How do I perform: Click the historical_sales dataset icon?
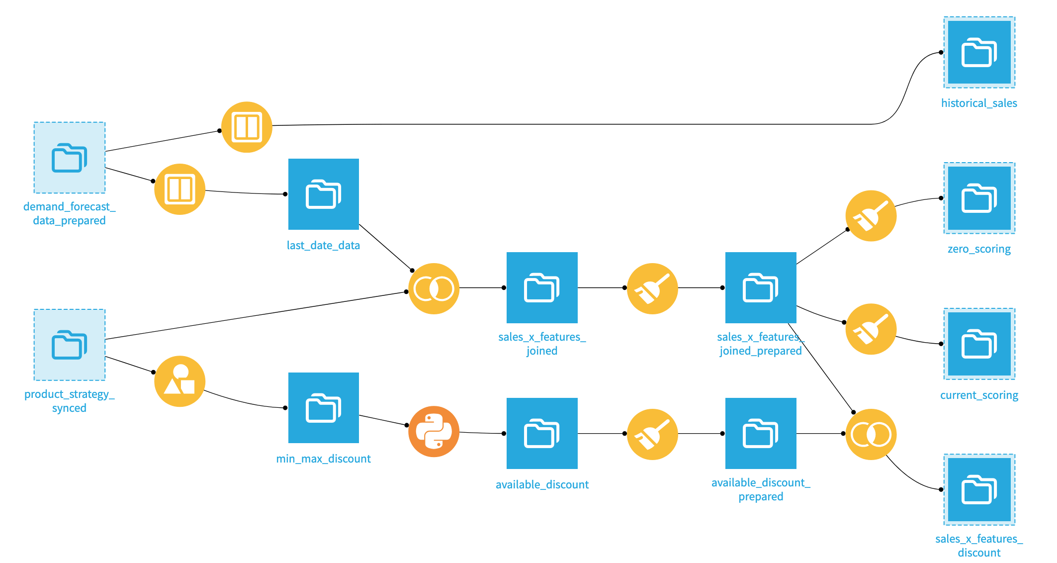coord(979,52)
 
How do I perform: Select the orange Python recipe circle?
coord(434,431)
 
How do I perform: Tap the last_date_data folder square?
coord(323,194)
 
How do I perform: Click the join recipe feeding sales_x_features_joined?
coord(434,288)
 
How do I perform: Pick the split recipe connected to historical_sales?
coord(247,127)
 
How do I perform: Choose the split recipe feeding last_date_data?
coord(179,189)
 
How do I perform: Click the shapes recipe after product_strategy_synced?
coord(179,381)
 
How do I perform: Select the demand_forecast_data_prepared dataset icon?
coord(70,158)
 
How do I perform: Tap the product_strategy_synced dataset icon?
coord(70,345)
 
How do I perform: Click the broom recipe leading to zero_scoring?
coord(871,216)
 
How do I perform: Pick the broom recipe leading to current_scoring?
coord(871,329)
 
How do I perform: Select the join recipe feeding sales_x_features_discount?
coord(871,434)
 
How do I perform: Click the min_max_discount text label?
coord(323,459)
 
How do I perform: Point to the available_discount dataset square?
coord(542,433)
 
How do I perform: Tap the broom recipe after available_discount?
coord(652,434)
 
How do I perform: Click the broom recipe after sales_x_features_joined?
coord(652,288)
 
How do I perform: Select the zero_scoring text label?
coord(979,249)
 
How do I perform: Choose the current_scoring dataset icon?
coord(979,344)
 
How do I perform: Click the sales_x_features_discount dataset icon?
coord(979,489)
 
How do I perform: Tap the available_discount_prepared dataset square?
coord(761,433)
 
